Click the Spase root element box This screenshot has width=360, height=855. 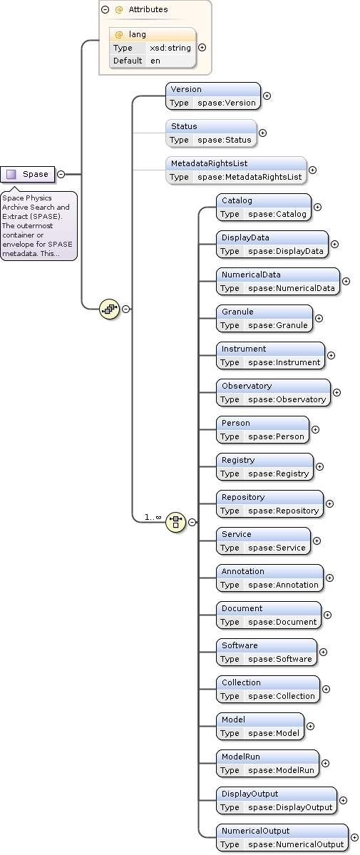coord(29,174)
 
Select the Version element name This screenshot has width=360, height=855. coord(186,89)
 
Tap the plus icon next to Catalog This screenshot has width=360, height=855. coord(317,208)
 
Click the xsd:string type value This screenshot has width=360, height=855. coord(170,48)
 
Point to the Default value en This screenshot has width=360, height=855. coord(155,61)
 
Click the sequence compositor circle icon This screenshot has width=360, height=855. coord(109,309)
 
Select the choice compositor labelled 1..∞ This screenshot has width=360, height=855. coord(175,522)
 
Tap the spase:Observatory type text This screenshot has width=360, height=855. coord(287,399)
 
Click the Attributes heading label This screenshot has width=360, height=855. coord(148,10)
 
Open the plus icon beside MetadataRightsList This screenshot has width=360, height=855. coord(312,170)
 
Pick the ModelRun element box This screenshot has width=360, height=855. coord(267,763)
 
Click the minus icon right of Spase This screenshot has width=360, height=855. coord(61,174)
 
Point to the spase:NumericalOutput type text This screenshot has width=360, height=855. coord(296,844)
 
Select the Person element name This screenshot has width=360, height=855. coord(236,423)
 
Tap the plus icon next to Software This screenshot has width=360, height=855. coord(323,652)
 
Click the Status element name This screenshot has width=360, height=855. coord(184,126)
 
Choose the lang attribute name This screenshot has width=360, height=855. coord(137,34)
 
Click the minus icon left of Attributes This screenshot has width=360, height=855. coord(106,10)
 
